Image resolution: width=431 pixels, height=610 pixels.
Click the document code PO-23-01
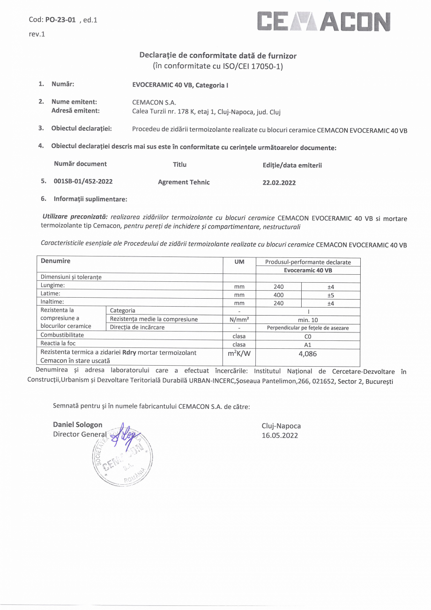coord(60,20)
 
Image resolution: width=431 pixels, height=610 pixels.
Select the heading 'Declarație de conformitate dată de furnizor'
coord(218,56)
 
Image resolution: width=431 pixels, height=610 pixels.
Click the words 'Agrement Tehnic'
coord(184,182)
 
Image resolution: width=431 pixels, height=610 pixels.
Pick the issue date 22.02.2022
coord(279,183)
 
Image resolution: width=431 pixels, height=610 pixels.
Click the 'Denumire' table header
coord(56,260)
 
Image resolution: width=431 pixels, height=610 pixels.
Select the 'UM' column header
coord(239,262)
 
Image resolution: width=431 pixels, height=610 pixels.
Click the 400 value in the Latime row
coord(278,295)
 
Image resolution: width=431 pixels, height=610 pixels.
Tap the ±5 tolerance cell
coord(330,295)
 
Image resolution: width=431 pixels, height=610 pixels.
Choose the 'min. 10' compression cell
coord(308,320)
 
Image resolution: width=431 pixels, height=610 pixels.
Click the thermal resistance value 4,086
coord(308,354)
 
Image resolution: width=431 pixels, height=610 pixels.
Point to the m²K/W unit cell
coord(239,354)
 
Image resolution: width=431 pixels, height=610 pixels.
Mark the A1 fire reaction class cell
coord(308,344)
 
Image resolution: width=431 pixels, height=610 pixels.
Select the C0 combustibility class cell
coord(308,336)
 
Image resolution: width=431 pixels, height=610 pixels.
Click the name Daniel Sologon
coord(78,425)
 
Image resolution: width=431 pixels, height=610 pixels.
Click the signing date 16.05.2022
coord(280,435)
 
